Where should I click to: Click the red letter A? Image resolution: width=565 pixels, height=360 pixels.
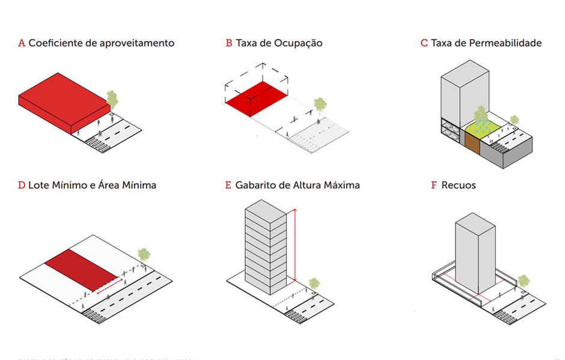pos(22,43)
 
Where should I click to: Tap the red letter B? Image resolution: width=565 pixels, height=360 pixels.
pos(229,43)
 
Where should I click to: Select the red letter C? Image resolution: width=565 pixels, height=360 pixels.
pos(424,43)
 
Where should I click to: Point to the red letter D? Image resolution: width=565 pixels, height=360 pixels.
pos(22,185)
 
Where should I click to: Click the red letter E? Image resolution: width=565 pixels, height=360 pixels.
pos(228,185)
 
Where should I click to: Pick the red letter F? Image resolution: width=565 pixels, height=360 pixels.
pos(434,185)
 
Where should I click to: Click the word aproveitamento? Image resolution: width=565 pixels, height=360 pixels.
pos(136,43)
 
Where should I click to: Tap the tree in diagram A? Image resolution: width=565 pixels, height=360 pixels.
pos(112,99)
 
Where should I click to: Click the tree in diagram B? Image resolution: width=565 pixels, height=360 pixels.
pos(320,105)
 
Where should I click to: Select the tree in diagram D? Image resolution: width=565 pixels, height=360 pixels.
pos(143,255)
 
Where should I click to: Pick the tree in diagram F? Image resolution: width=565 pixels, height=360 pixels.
pos(524,281)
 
